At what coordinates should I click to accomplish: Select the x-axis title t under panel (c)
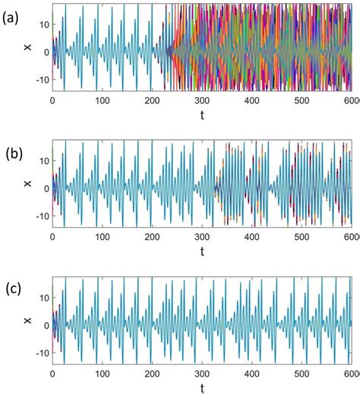point(202,387)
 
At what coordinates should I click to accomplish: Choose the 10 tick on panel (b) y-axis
point(44,162)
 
